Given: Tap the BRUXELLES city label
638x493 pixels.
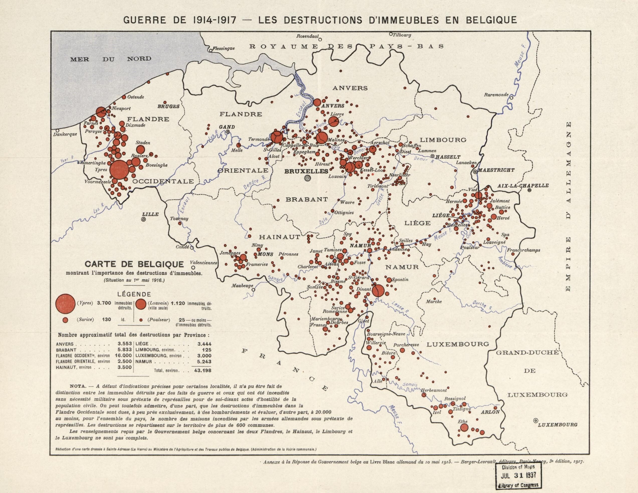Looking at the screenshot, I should pyautogui.click(x=306, y=171).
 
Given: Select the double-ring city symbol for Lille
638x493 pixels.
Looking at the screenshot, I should pyautogui.click(x=144, y=219).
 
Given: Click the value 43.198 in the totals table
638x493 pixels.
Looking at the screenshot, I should pyautogui.click(x=203, y=370).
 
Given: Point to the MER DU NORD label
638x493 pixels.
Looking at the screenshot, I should pyautogui.click(x=111, y=59).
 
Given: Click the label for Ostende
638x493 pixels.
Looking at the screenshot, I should pyautogui.click(x=136, y=97).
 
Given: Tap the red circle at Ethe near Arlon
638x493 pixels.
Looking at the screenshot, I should pyautogui.click(x=464, y=427).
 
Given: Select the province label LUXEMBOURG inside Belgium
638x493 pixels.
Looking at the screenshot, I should pyautogui.click(x=458, y=344).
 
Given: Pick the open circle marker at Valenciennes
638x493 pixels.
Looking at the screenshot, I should pyautogui.click(x=193, y=267).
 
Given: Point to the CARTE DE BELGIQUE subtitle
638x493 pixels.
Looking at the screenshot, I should pyautogui.click(x=134, y=264).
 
